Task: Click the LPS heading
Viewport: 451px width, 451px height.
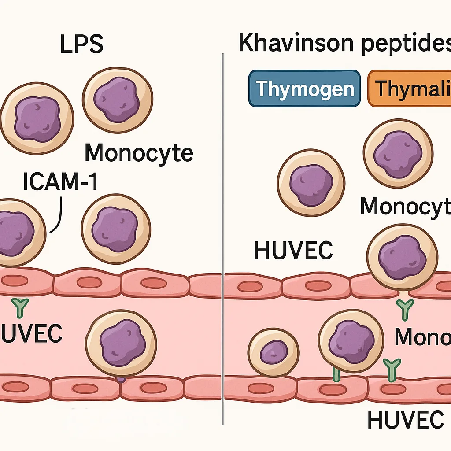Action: pyautogui.click(x=82, y=44)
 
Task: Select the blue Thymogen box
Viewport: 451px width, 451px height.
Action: pyautogui.click(x=305, y=89)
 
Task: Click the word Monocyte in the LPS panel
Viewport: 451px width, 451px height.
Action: pyautogui.click(x=138, y=153)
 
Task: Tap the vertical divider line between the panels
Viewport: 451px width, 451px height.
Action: pyautogui.click(x=222, y=220)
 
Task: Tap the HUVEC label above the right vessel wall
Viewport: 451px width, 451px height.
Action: pyautogui.click(x=293, y=251)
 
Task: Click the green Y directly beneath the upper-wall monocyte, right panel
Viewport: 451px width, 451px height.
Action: pyautogui.click(x=404, y=308)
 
